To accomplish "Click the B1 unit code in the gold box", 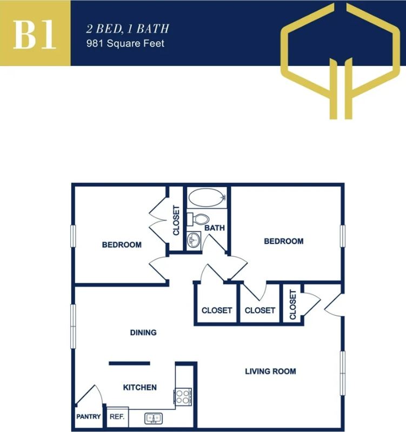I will [x=35, y=34].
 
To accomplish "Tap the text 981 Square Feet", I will [x=125, y=43].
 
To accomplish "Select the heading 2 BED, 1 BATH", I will [x=121, y=29].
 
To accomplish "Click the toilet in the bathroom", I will [x=198, y=220].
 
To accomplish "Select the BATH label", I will [x=214, y=228].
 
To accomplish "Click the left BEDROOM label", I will [x=122, y=245].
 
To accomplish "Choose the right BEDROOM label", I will [x=283, y=241].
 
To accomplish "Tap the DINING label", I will [x=143, y=333].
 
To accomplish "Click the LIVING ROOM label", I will [x=270, y=371].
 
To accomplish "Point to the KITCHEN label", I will [x=140, y=388].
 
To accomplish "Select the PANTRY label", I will [x=88, y=417].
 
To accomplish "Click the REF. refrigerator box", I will [x=117, y=417].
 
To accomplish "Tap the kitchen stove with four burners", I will [x=183, y=397].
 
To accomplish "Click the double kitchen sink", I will [x=154, y=418].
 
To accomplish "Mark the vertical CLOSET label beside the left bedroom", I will [x=176, y=220].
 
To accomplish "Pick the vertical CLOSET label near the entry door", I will [x=293, y=305].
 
